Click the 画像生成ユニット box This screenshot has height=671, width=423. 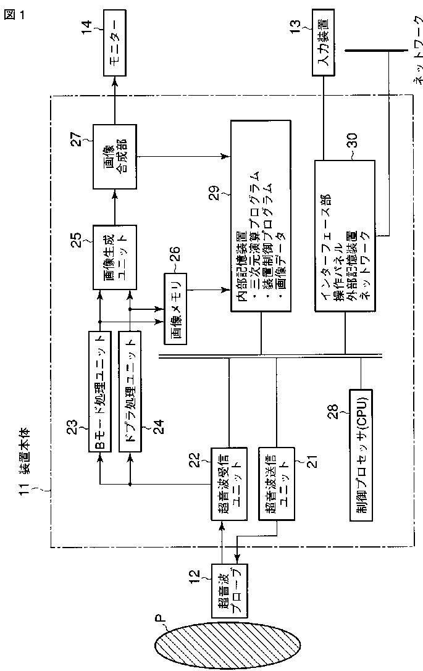[112, 257]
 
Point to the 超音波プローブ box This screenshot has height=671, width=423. [228, 591]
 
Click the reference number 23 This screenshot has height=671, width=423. [79, 427]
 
